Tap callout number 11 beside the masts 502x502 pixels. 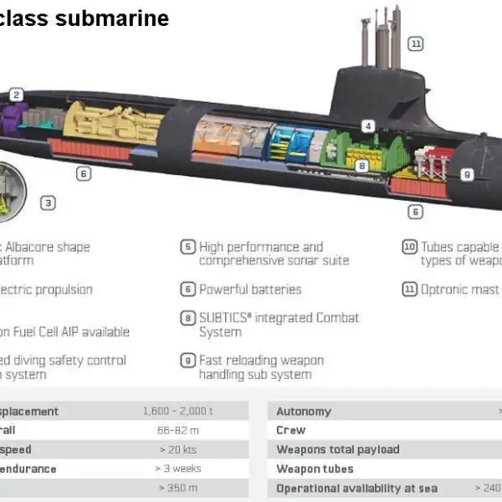click(415, 43)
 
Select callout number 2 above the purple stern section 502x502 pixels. click(17, 95)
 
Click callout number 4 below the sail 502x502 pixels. click(367, 126)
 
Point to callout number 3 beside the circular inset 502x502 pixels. click(49, 202)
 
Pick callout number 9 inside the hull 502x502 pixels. click(467, 174)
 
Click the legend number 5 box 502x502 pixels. click(188, 248)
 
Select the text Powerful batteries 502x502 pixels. click(250, 289)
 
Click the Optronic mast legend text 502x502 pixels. click(459, 289)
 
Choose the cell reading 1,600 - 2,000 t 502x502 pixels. click(178, 412)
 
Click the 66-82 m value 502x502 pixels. click(178, 430)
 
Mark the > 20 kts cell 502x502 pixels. click(178, 449)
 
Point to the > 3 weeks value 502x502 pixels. click(178, 469)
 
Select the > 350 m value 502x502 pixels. click(178, 488)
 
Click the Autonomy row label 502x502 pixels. click(304, 412)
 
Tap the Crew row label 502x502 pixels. click(291, 430)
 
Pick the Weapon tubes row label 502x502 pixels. click(315, 469)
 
